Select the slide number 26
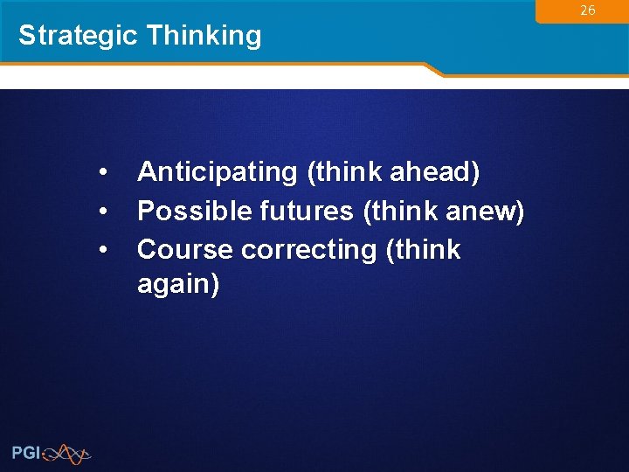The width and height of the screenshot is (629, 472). click(x=588, y=10)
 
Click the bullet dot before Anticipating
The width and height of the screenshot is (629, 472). click(x=104, y=172)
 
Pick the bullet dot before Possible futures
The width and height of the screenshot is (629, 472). click(x=104, y=211)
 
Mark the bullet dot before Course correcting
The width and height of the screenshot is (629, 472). click(x=104, y=250)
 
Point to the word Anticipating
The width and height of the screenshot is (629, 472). click(x=218, y=172)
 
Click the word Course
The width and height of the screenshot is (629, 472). click(x=185, y=249)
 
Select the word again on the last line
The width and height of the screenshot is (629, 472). click(x=178, y=284)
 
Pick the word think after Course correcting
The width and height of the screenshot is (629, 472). click(x=425, y=249)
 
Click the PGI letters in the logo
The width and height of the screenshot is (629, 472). click(x=25, y=453)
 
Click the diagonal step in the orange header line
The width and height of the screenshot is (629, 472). click(x=433, y=70)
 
